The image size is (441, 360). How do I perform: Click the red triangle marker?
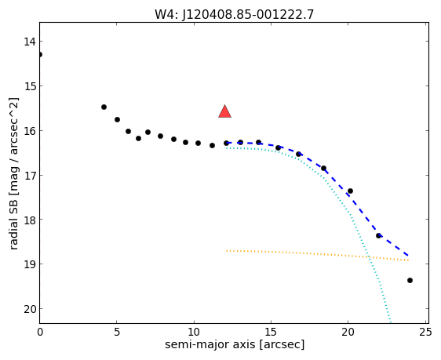[224, 111]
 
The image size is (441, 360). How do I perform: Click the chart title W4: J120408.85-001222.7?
[234, 14]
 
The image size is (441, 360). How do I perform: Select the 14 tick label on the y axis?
[30, 42]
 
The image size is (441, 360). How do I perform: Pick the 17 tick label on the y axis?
[30, 176]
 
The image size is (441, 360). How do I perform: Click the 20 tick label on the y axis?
[30, 309]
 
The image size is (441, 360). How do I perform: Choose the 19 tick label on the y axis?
[30, 264]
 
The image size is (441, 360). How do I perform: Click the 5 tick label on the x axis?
[117, 333]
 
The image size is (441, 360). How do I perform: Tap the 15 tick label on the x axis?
[271, 333]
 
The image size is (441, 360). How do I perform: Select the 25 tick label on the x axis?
[425, 333]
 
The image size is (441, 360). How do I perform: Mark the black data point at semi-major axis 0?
[40, 54]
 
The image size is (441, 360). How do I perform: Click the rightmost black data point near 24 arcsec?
[410, 280]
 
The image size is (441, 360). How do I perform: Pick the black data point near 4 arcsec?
[104, 107]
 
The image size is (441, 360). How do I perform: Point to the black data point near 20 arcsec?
[350, 191]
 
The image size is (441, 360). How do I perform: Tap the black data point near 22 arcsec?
[378, 235]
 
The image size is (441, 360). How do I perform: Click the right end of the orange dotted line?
[408, 260]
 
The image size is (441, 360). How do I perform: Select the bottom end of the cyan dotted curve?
[391, 322]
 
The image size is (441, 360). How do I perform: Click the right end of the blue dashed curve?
[408, 256]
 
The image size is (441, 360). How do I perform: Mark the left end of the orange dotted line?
[227, 250]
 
